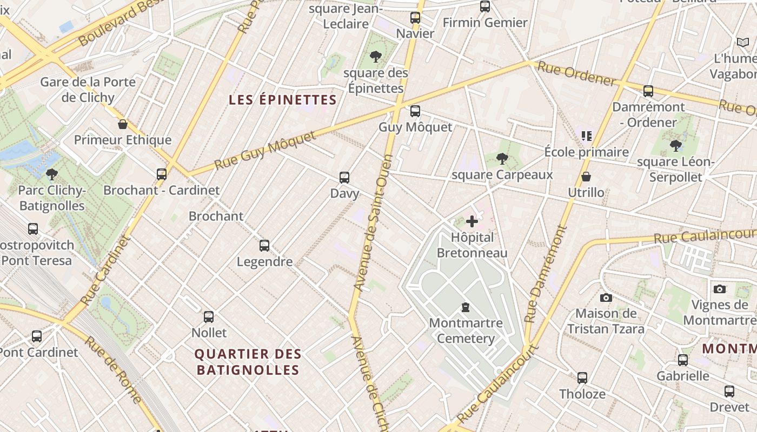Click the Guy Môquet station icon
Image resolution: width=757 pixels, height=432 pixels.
tap(415, 111)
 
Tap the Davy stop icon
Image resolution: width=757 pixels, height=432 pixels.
tap(344, 177)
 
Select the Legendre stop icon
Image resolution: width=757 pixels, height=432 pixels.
tap(264, 246)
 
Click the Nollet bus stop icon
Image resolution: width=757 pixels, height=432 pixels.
tap(209, 316)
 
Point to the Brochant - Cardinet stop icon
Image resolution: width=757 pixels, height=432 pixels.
tap(162, 174)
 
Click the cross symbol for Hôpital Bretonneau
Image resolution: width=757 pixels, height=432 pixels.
tap(472, 221)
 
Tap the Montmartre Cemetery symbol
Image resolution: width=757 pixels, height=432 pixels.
tap(465, 307)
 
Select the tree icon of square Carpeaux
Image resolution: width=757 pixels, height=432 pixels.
tap(502, 158)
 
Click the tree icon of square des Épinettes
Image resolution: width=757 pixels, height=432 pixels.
tap(375, 56)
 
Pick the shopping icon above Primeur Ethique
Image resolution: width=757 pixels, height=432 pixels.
tap(123, 124)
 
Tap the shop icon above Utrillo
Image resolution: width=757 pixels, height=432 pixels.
tap(586, 177)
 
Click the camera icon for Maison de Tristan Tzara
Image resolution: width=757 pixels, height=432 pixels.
tap(606, 298)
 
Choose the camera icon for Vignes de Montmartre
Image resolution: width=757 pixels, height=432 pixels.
tap(719, 289)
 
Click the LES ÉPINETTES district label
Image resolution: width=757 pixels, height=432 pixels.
tap(283, 100)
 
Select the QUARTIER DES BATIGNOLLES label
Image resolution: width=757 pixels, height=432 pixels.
tap(248, 362)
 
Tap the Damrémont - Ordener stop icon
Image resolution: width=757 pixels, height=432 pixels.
tap(648, 91)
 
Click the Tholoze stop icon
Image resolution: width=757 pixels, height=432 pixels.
tap(582, 377)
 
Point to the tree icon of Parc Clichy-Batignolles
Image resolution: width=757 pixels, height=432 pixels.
tap(52, 174)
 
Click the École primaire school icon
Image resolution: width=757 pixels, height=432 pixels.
tap(587, 136)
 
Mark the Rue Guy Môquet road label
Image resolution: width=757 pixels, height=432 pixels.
tap(265, 150)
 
